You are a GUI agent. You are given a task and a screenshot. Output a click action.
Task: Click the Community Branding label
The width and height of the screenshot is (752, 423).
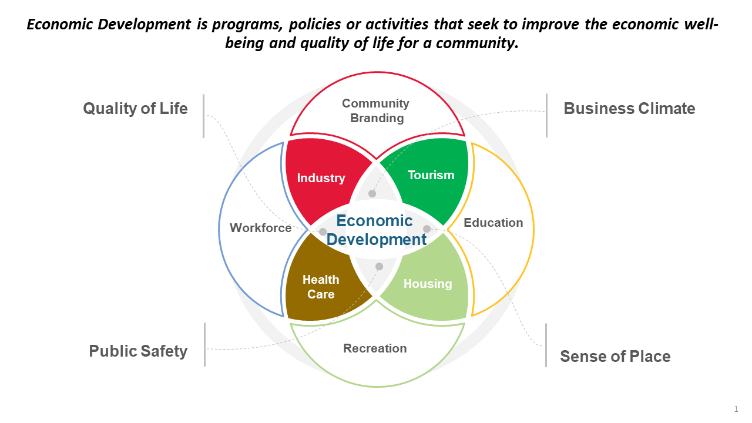376,110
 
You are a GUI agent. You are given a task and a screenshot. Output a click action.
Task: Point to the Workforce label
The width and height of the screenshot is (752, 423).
260,228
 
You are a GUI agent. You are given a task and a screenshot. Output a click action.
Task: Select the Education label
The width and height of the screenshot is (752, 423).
493,223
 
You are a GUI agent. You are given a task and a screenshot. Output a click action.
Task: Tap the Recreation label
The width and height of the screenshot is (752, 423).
375,348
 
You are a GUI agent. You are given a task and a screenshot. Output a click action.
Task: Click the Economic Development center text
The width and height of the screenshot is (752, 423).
376,230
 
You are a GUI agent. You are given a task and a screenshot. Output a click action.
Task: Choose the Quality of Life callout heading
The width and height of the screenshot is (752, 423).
135,109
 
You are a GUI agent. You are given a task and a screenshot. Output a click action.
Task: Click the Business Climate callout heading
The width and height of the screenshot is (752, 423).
629,109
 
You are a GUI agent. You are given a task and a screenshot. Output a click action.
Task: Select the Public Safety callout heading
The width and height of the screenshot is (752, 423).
138,351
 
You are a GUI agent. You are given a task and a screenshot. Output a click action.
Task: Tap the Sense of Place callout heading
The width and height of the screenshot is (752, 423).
615,357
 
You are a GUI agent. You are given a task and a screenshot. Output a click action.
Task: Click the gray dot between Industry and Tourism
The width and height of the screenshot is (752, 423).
372,193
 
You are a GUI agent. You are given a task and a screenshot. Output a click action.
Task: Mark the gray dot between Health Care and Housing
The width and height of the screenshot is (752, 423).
379,267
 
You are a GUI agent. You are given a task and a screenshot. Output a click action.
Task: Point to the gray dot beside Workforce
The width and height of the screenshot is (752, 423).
323,231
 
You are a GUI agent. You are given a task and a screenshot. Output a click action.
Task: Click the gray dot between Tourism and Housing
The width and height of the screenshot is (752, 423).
427,229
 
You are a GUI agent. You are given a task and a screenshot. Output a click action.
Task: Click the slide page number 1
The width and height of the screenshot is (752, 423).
736,409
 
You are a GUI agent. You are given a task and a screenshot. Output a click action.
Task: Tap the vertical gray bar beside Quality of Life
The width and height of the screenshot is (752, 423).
204,116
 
